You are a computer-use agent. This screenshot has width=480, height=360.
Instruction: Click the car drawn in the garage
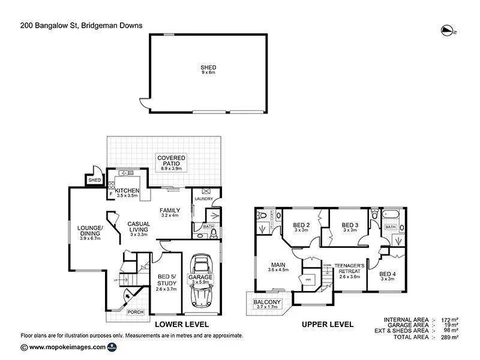pos(201,279)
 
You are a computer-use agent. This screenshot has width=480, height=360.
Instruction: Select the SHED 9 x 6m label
pos(208,70)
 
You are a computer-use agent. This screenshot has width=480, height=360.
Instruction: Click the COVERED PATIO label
pos(172,163)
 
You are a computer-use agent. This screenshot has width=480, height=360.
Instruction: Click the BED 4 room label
pos(388,276)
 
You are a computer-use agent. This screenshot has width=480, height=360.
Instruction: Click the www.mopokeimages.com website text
pos(67,347)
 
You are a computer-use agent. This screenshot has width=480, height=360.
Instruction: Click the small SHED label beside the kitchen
pos(94,180)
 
